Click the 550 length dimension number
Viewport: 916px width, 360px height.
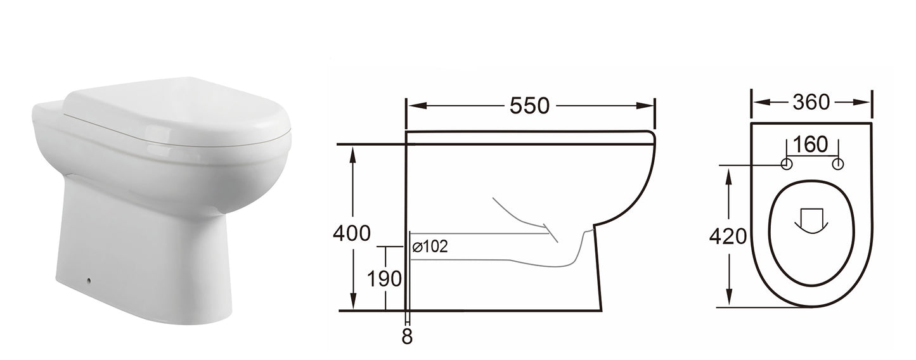[529, 106]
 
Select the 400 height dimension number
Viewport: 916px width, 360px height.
[351, 233]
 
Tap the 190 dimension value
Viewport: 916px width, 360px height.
[384, 278]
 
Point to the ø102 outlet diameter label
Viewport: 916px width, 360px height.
[430, 247]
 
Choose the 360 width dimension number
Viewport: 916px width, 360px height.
[811, 102]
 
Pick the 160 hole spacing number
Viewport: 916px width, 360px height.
[811, 145]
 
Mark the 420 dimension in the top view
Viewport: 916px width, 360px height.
[727, 237]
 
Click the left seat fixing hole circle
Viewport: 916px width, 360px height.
[787, 165]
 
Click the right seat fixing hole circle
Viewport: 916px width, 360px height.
[838, 165]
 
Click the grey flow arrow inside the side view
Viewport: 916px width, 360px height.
[526, 219]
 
